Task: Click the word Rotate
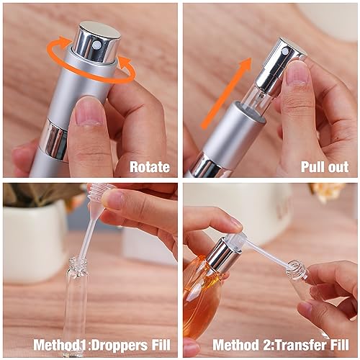[x=150, y=167]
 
